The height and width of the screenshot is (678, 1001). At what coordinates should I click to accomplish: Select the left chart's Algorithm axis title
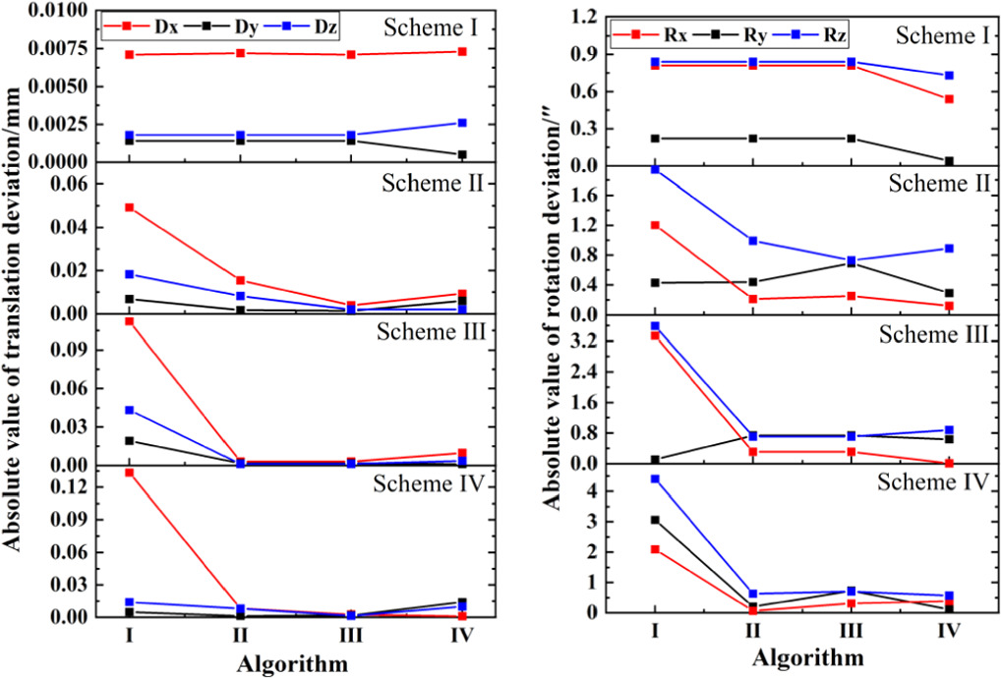[292, 664]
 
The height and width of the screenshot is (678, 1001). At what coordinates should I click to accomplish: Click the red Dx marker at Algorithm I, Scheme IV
[130, 473]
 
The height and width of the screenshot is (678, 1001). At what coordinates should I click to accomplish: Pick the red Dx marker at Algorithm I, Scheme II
[130, 207]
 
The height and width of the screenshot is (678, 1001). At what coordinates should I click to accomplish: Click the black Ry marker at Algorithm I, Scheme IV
[655, 520]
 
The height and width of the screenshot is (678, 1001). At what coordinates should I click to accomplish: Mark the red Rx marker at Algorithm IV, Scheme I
[949, 99]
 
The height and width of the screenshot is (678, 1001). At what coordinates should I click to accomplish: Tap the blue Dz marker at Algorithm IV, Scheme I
[463, 123]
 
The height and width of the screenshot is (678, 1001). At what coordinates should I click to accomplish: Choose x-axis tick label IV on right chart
[949, 633]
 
